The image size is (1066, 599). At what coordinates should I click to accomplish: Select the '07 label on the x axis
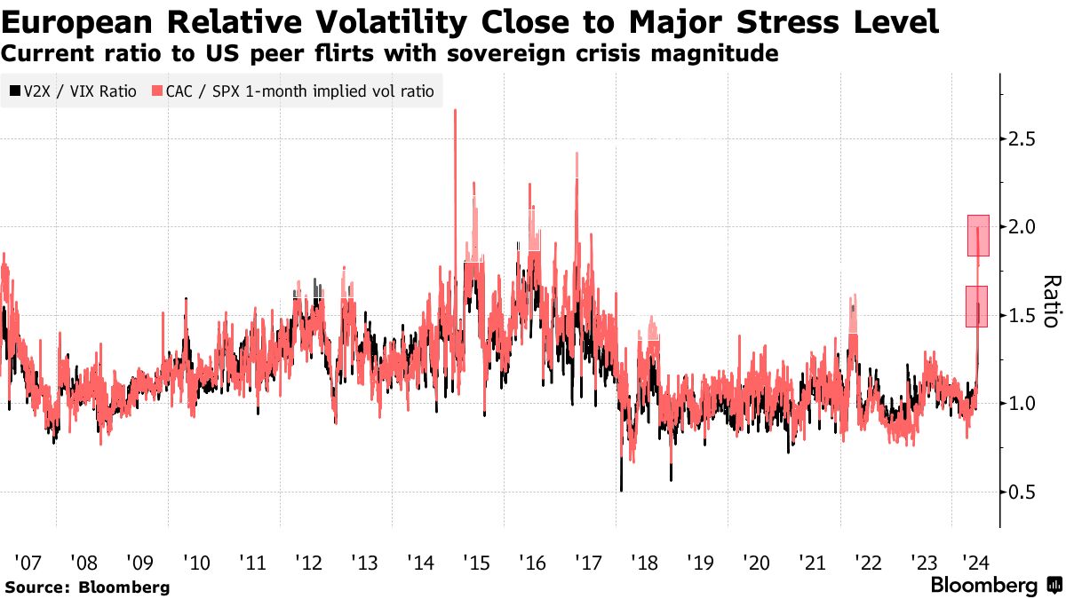(x=28, y=563)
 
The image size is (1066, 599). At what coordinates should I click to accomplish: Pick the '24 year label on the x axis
(x=978, y=563)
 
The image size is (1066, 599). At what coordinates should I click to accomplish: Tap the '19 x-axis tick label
(x=699, y=563)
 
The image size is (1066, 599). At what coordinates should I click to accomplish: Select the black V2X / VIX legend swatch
(x=14, y=91)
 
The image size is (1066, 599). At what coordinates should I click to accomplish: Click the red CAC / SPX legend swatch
(x=157, y=91)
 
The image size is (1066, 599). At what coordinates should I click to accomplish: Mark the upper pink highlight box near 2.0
(x=977, y=235)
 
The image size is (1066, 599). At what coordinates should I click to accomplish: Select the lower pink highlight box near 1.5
(x=976, y=306)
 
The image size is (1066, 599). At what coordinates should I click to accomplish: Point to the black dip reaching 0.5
(x=621, y=487)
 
